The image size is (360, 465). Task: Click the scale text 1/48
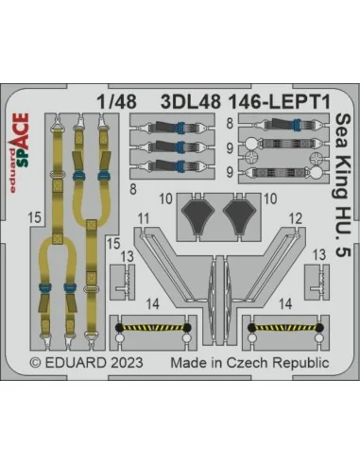[x=117, y=102]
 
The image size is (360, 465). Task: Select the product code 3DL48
[x=190, y=102]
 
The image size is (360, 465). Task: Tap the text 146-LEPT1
[x=279, y=102]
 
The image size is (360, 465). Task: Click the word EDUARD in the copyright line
[x=76, y=363]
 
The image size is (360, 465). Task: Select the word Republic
[x=301, y=363]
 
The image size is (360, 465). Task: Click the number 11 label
[x=144, y=218]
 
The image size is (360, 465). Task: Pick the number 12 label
[x=296, y=218]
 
